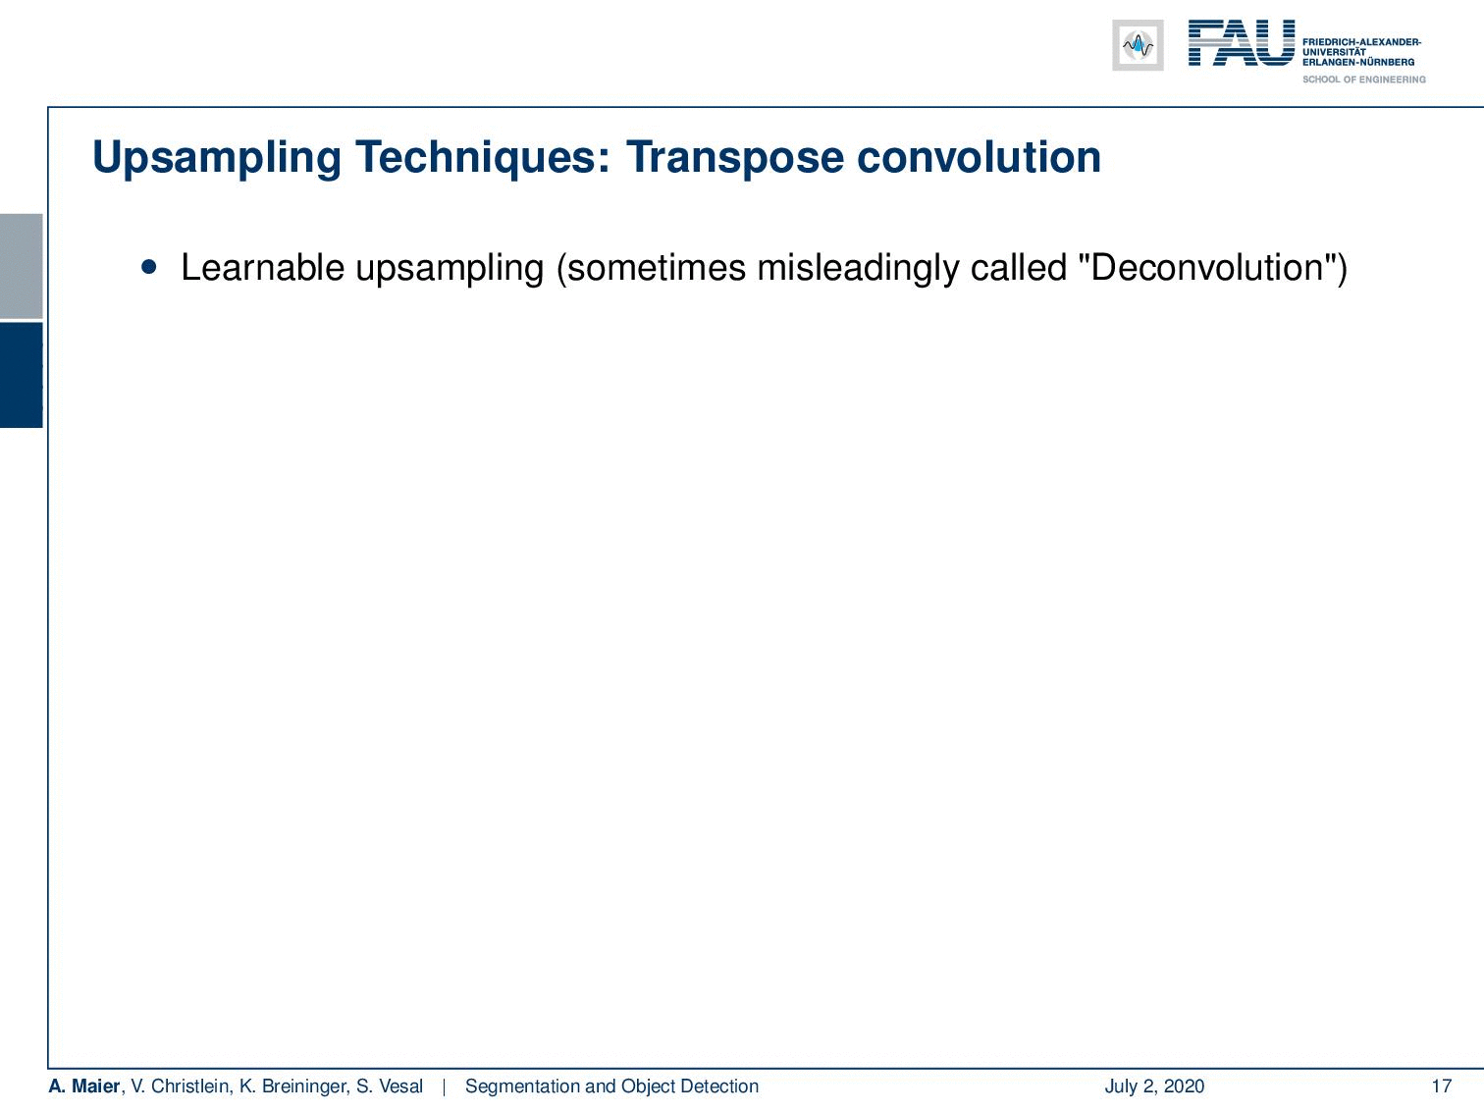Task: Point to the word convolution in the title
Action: [979, 157]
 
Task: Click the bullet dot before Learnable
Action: [149, 267]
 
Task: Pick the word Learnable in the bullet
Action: [263, 267]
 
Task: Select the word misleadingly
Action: [857, 268]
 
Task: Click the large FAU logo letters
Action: [1242, 43]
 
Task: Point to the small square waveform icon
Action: [1138, 45]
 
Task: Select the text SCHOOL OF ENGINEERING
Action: [1363, 79]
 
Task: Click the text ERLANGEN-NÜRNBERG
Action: [1357, 62]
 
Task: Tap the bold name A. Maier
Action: [84, 1086]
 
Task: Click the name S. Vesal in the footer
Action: [390, 1086]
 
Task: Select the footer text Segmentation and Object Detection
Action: [611, 1086]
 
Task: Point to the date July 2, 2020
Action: [1154, 1086]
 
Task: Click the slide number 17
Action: [1442, 1086]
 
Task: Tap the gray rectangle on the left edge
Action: [21, 266]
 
